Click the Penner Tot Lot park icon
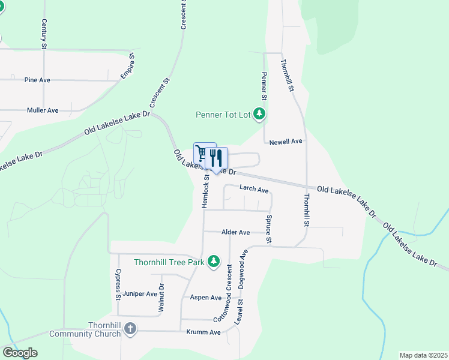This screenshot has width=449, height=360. point(259,113)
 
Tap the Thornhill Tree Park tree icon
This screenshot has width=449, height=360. point(213,261)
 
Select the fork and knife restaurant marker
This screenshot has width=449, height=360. point(217,158)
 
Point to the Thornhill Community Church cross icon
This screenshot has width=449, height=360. point(130,329)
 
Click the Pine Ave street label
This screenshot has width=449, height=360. point(37,80)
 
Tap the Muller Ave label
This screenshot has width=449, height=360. point(43,110)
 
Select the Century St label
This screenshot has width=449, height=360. point(44,34)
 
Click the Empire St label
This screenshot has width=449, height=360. point(128,66)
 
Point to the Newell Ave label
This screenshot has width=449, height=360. point(285,142)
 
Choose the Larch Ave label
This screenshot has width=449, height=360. point(254,189)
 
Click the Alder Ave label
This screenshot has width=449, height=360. point(235,232)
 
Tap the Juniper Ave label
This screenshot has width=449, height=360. point(140,294)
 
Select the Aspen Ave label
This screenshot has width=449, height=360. point(206,298)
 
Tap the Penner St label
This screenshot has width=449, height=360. point(264,86)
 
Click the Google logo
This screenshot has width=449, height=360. point(20,353)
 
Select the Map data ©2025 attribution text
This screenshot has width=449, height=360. point(423,355)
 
